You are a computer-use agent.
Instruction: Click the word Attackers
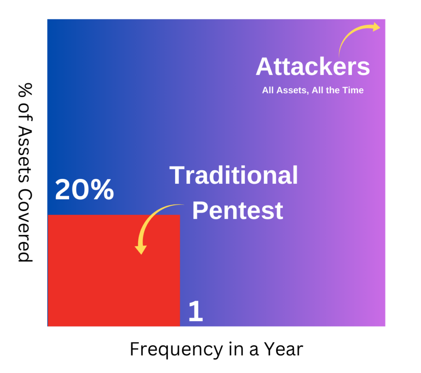click(312, 67)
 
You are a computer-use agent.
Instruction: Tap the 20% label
click(84, 190)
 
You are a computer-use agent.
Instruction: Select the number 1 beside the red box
click(196, 312)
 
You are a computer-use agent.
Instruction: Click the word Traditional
click(234, 176)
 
